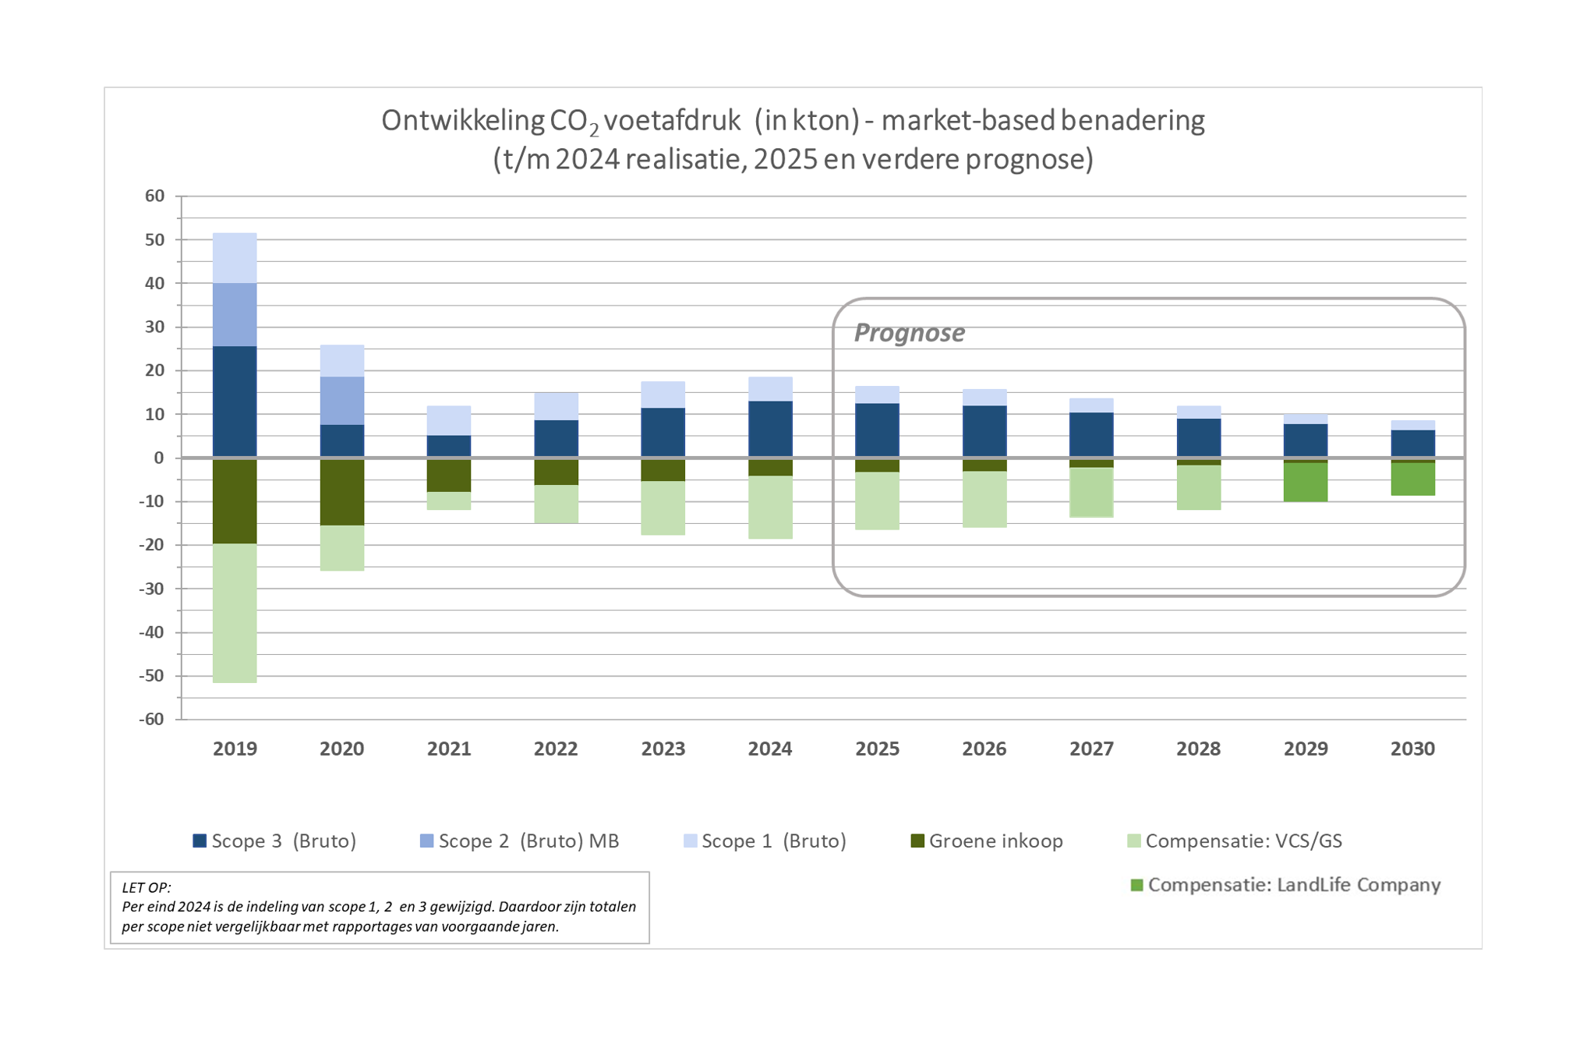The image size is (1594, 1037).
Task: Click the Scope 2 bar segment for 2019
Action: [x=235, y=314]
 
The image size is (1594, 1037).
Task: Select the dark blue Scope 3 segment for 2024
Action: [x=770, y=429]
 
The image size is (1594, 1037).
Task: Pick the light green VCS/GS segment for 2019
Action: [x=235, y=613]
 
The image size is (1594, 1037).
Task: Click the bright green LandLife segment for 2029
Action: [x=1306, y=482]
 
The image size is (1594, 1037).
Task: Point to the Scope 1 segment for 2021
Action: [x=449, y=420]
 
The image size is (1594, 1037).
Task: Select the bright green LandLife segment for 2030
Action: [x=1412, y=479]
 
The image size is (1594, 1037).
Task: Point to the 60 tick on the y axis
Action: [x=155, y=196]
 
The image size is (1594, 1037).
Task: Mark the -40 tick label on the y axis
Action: [x=152, y=632]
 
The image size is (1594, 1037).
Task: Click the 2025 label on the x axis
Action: [x=877, y=749]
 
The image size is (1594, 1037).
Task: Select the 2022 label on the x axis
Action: [x=556, y=749]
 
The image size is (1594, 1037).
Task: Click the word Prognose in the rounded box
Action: [x=909, y=332]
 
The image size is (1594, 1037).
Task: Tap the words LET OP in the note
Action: [x=147, y=887]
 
